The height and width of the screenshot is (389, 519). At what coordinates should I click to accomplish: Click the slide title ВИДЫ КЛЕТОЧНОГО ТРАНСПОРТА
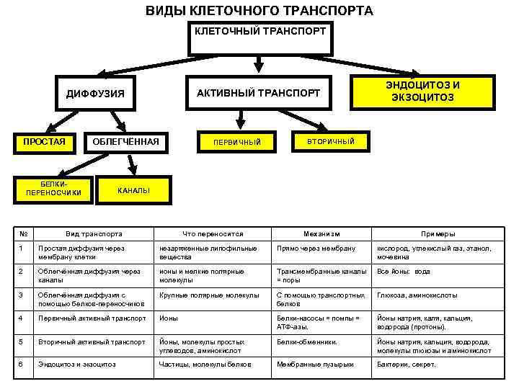coord(259,11)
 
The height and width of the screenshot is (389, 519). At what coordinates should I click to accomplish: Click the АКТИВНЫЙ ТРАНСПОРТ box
coord(258,93)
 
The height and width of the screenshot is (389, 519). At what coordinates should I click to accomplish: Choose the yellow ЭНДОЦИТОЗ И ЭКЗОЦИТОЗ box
coord(423,91)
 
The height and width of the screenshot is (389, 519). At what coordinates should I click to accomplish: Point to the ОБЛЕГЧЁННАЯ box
coord(125,140)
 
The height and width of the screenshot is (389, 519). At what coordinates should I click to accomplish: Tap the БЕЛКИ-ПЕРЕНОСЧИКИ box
coord(53,189)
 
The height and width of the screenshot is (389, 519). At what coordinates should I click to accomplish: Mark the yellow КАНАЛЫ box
coord(134,190)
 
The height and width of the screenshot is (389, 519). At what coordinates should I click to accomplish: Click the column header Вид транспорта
coord(94,234)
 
